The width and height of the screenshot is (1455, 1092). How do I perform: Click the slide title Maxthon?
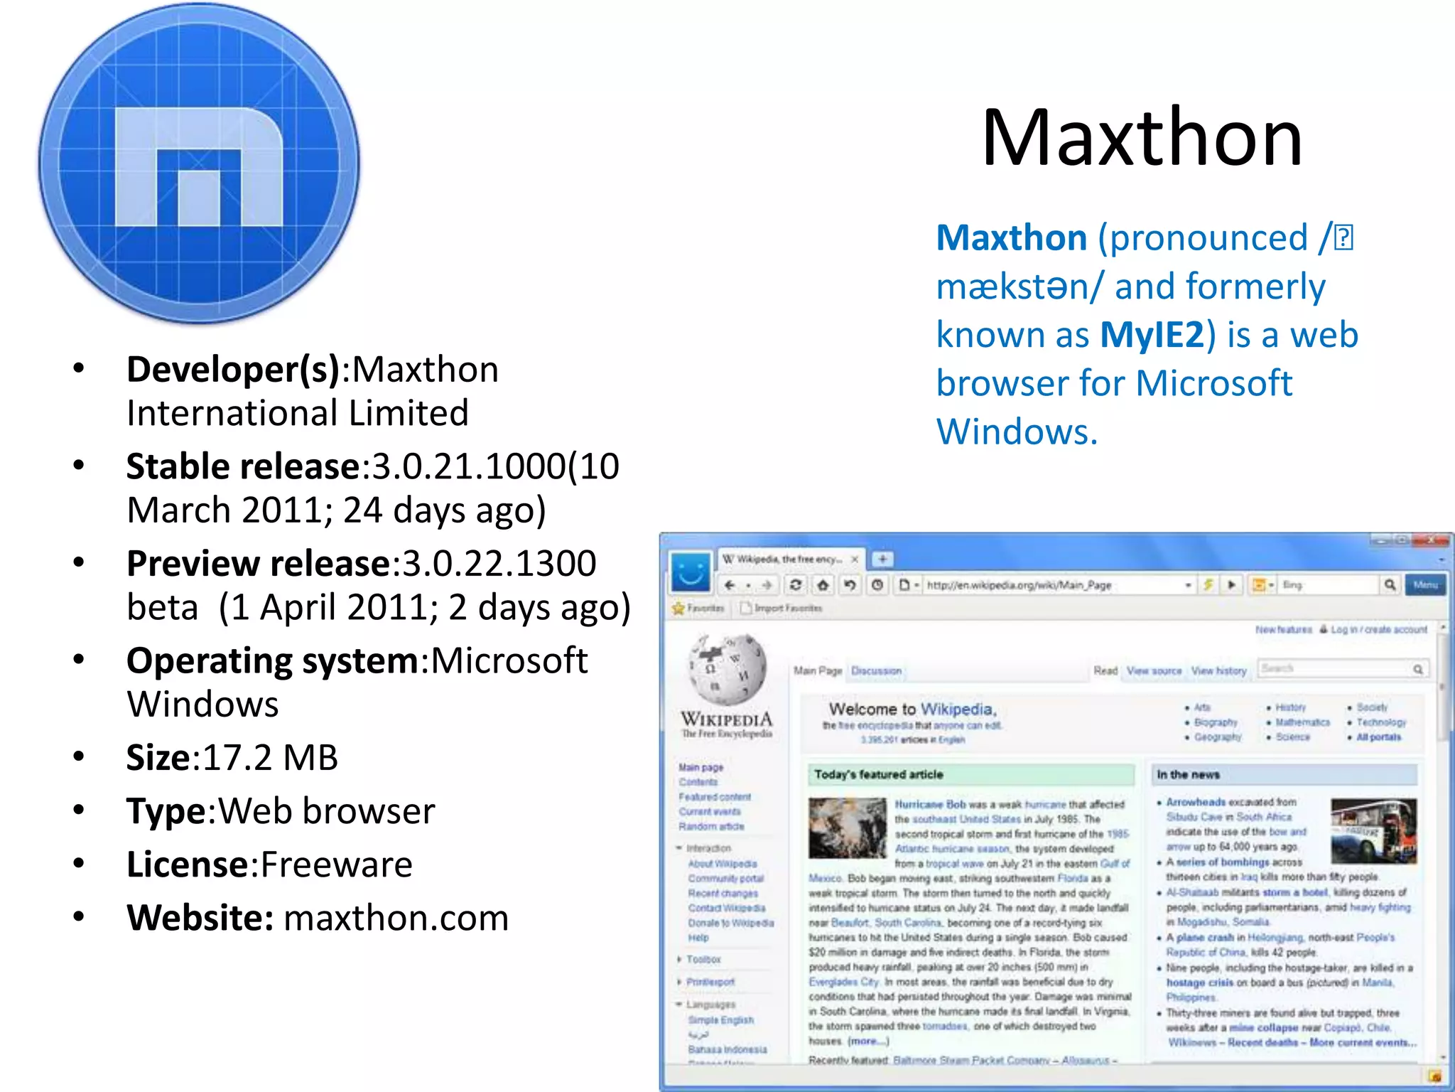pos(1142,138)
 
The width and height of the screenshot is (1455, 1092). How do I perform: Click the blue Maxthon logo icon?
pos(199,164)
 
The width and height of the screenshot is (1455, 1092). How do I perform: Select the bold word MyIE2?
pos(1152,335)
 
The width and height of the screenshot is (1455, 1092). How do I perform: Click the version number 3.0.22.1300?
pos(499,564)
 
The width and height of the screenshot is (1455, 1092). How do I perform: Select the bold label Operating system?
pos(273,660)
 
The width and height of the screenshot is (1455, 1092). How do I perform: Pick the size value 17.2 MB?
pos(270,757)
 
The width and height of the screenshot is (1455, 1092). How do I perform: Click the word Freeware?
pos(336,864)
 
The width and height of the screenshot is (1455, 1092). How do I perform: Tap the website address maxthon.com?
pos(396,918)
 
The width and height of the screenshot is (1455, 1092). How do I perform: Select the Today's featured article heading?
pos(879,774)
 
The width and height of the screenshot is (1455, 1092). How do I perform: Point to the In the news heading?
pos(1188,774)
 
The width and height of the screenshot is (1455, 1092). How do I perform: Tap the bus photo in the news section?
pos(1373,830)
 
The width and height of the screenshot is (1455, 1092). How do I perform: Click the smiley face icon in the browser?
pos(690,571)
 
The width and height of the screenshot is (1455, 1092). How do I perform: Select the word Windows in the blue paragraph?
pos(1017,432)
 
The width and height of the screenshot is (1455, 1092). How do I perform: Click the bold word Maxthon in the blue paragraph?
pos(1012,238)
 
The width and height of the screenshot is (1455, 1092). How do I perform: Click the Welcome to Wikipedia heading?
pos(912,709)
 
